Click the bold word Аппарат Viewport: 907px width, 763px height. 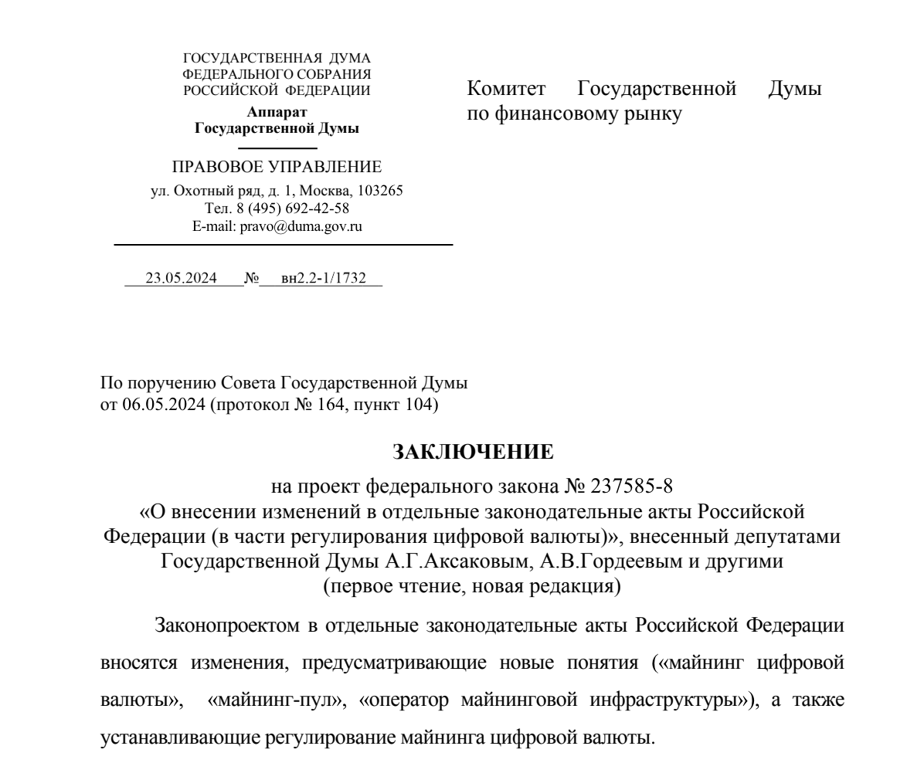point(277,114)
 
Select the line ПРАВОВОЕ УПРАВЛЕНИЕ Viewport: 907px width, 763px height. point(277,167)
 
